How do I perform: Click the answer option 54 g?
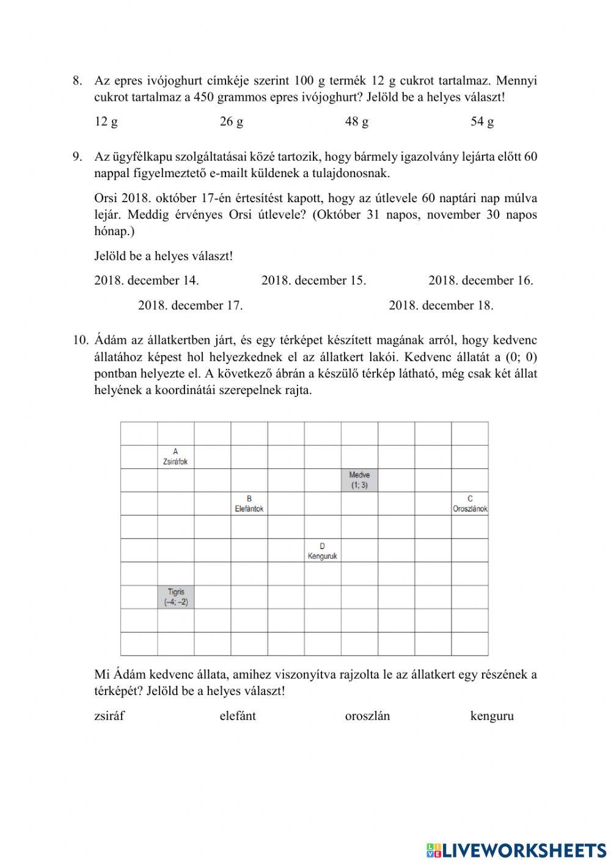(481, 122)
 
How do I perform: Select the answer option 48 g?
(356, 122)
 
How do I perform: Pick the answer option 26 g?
(231, 122)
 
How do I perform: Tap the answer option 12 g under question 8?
(106, 122)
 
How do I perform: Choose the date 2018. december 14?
(147, 280)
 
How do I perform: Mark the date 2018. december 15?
(313, 280)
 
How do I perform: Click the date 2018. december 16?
(480, 280)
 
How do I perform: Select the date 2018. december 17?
(190, 305)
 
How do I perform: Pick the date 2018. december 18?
(441, 305)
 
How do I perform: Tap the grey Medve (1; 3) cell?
(360, 480)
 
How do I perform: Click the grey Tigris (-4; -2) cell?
(176, 597)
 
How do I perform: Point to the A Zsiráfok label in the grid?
(175, 457)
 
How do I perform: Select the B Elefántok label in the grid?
(249, 504)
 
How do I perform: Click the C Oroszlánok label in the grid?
(470, 504)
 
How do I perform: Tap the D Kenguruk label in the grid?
(322, 551)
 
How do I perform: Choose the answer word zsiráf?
(109, 716)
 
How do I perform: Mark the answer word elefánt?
(238, 716)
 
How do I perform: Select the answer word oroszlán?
(367, 716)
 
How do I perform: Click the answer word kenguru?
(492, 716)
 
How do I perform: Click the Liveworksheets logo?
(516, 850)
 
